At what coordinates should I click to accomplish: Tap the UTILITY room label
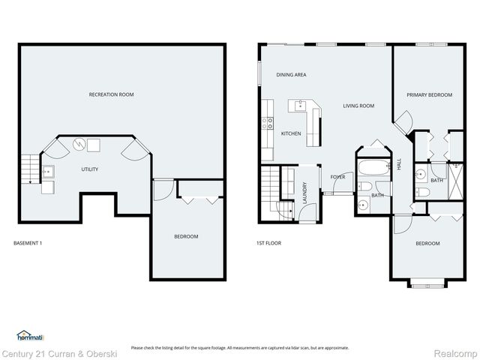click(90, 169)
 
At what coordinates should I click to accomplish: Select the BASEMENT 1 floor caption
click(29, 243)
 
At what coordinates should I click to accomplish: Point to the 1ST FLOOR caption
click(268, 243)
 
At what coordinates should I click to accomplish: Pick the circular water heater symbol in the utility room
click(78, 144)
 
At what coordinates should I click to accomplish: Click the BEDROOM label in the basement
click(186, 237)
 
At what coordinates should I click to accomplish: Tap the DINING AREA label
click(291, 75)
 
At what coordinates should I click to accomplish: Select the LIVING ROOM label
click(358, 106)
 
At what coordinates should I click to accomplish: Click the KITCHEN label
click(291, 133)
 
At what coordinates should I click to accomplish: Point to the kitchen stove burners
click(267, 124)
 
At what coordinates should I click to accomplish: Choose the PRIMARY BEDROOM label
click(429, 95)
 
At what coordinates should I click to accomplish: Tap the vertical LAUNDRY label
click(304, 193)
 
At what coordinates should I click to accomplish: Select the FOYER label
click(337, 177)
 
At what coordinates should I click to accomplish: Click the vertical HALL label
click(399, 164)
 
